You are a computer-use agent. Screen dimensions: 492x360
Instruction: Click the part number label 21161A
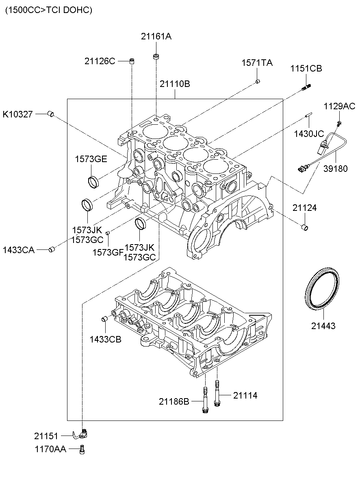pos(156,37)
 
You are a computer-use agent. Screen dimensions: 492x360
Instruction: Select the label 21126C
pos(100,61)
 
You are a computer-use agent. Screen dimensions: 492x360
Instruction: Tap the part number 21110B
pos(175,84)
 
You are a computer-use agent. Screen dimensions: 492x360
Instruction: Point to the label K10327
pos(17,114)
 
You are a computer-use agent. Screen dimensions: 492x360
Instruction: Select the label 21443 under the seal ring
pos(324,325)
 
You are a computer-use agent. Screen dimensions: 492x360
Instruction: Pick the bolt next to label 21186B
pos(205,401)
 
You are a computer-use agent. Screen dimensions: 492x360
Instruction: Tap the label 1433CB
pos(105,339)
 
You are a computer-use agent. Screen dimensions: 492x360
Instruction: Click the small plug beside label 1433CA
pos(51,249)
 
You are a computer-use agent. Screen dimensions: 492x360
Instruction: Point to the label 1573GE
pos(91,159)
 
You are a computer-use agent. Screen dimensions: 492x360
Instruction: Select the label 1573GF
pos(108,252)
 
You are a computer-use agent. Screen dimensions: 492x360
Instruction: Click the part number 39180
pos(335,169)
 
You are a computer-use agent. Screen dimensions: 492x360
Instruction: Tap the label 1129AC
pos(339,106)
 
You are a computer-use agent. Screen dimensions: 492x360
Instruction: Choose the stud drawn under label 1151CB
pos(306,87)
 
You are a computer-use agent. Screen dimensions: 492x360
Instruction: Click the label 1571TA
pos(257,63)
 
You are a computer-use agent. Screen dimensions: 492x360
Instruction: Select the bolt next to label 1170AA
pos(83,449)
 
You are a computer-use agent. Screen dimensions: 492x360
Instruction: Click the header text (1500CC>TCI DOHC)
pos(49,10)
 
